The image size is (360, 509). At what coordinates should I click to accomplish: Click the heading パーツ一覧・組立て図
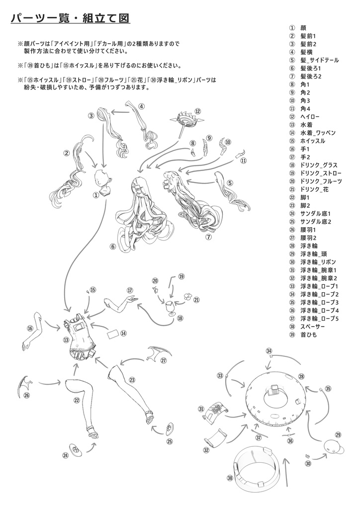[70, 18]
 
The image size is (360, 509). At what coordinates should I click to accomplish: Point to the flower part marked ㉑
[187, 295]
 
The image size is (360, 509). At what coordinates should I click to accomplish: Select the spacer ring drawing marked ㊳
[255, 467]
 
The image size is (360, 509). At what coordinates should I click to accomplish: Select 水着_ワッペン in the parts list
[318, 133]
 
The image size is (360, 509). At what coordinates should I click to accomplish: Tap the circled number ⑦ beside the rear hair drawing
[208, 237]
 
